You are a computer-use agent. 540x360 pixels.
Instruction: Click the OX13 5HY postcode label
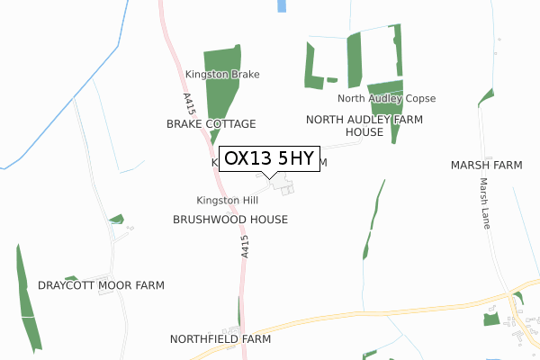pos(269,158)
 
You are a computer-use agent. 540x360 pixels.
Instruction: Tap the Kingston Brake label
pos(222,75)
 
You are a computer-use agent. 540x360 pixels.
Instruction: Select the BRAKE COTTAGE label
pos(211,123)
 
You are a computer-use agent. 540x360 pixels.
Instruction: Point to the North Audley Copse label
pos(387,98)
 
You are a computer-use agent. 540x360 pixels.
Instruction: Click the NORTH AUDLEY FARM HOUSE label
pos(358,125)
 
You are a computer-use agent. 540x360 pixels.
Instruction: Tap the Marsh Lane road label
pos(484,202)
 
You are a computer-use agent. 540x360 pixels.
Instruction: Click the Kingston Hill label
pos(227,200)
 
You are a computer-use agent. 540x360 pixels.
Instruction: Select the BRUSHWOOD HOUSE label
pos(230,219)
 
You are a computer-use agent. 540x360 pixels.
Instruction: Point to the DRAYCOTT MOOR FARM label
pos(102,285)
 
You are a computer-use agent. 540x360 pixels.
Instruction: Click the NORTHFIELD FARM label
pos(220,339)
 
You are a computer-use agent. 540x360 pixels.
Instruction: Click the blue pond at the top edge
pos(282,5)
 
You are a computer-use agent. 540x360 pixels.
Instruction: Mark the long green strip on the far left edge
pos(27,297)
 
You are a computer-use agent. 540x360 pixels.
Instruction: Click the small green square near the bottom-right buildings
pos(490,319)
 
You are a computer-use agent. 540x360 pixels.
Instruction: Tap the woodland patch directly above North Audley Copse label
pos(385,86)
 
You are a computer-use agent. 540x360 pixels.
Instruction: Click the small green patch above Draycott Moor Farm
pos(116,219)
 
